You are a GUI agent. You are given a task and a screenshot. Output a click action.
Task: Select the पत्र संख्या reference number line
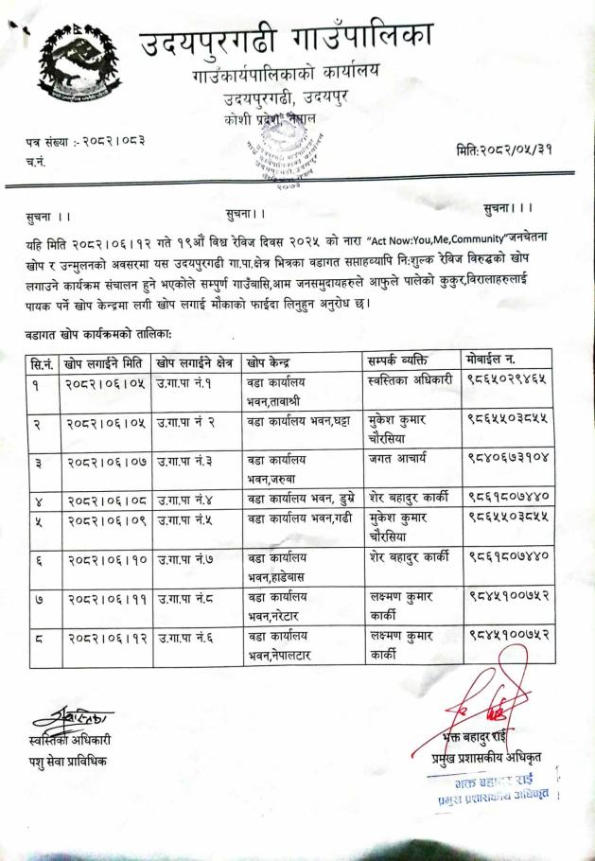click(86, 142)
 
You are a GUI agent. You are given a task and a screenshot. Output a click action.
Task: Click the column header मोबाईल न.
click(497, 361)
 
